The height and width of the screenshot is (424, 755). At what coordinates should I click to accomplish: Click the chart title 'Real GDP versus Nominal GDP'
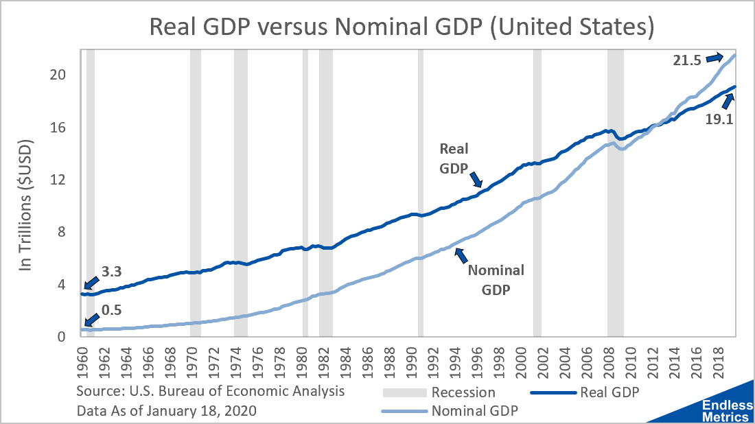[x=402, y=27]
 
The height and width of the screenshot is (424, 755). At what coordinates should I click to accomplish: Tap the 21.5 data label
[x=686, y=60]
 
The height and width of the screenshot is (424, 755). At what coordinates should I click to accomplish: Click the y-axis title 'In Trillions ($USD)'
[x=26, y=206]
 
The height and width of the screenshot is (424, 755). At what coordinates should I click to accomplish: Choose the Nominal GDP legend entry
[x=474, y=411]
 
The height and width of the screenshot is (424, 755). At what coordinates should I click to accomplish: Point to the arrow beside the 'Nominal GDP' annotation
[x=461, y=255]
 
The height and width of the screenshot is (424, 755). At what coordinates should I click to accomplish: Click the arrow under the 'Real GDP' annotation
[x=476, y=180]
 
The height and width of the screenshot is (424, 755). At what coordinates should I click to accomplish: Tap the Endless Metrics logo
[x=724, y=410]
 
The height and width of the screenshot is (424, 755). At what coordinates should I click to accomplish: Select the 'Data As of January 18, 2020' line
[x=161, y=411]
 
